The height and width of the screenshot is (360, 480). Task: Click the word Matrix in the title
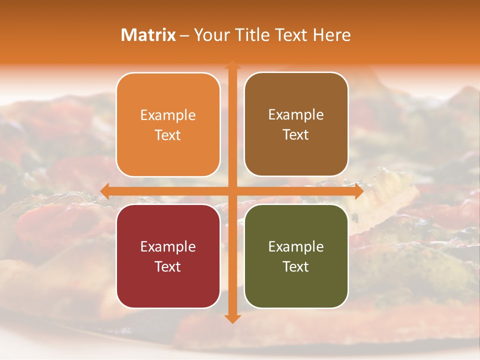(148, 35)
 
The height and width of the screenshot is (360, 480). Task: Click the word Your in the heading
(210, 35)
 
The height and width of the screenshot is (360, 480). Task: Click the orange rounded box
(168, 124)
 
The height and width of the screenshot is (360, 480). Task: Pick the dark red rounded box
(168, 256)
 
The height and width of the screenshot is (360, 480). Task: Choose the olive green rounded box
(296, 256)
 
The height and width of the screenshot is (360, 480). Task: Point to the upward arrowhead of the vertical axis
(232, 64)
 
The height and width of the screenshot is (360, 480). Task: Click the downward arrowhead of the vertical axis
(232, 318)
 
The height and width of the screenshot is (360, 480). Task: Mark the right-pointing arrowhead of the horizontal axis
(358, 191)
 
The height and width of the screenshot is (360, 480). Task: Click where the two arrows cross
(232, 191)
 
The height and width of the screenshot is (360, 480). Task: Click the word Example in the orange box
(168, 115)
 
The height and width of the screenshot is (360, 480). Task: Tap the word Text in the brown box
(296, 134)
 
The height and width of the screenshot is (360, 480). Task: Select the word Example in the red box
(168, 247)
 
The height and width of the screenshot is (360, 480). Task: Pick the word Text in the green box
(296, 266)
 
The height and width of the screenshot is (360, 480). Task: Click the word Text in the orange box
(168, 135)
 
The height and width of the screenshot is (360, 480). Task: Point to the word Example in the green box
(296, 247)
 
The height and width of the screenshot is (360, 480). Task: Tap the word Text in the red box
(168, 266)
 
